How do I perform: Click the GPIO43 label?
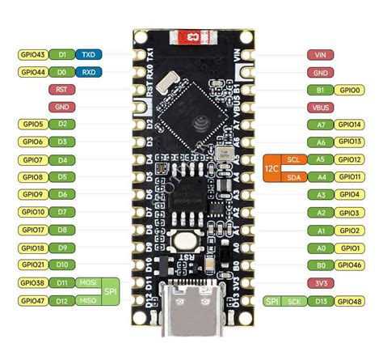pyautogui.click(x=32, y=54)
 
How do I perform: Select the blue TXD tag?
pyautogui.click(x=87, y=54)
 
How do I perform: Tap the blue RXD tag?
pyautogui.click(x=87, y=72)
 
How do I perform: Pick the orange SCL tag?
pyautogui.click(x=293, y=159)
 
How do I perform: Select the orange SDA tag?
pyautogui.click(x=293, y=176)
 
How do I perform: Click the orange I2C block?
pyautogui.click(x=270, y=167)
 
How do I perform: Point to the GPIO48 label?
pyautogui.click(x=349, y=300)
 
